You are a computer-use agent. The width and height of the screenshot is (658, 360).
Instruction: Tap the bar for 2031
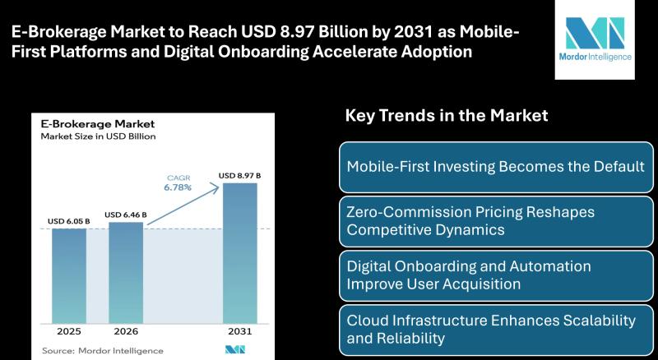pyautogui.click(x=239, y=251)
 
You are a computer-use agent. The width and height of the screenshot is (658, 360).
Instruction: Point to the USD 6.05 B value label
pyautogui.click(x=69, y=222)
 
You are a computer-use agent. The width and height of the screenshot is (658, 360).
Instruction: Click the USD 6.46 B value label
pyautogui.click(x=125, y=215)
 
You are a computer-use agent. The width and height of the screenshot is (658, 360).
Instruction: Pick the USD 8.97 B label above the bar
pyautogui.click(x=239, y=175)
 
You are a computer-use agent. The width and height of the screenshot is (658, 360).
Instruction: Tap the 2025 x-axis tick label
pyautogui.click(x=69, y=332)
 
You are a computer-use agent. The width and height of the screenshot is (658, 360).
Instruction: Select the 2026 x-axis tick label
pyautogui.click(x=125, y=332)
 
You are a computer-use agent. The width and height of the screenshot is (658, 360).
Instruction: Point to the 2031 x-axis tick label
pyautogui.click(x=239, y=332)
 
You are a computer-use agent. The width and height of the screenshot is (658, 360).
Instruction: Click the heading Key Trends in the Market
pyautogui.click(x=446, y=115)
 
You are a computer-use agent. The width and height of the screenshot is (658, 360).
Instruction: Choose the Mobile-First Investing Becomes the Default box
pyautogui.click(x=495, y=167)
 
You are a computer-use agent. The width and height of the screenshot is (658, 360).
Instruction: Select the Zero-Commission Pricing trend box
pyautogui.click(x=495, y=220)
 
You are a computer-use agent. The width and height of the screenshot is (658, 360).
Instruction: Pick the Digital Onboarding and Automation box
pyautogui.click(x=495, y=275)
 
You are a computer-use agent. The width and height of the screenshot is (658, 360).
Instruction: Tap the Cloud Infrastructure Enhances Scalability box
pyautogui.click(x=495, y=328)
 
